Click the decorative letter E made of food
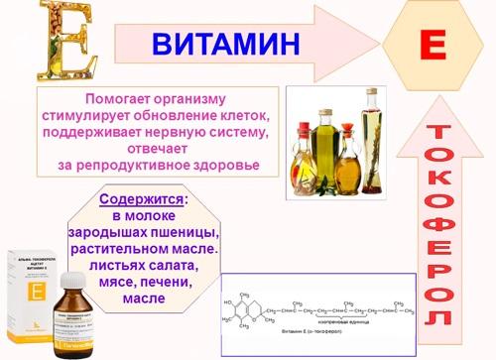44,41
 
